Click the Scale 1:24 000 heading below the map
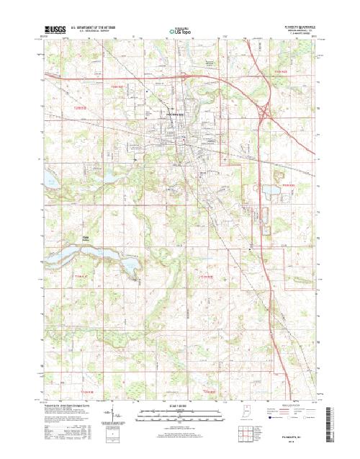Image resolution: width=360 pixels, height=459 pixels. (179, 406)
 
